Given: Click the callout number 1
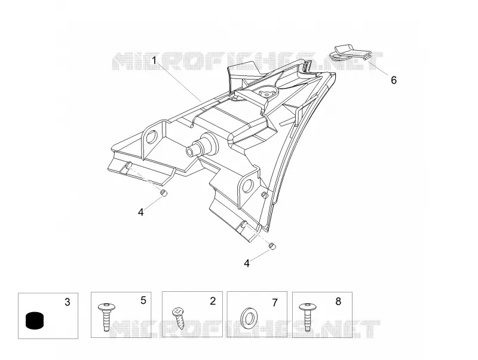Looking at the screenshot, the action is coord(154,60).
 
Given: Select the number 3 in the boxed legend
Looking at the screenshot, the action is coord(68,302).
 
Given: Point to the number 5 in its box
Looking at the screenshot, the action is coord(143,300).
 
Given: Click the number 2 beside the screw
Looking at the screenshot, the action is coord(213,301).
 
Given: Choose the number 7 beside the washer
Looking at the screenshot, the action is coord(275,303).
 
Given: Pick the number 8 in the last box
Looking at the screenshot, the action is coord(338,301).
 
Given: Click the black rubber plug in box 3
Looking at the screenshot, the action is coord(35,321).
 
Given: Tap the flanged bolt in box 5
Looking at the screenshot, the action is coord(106,316).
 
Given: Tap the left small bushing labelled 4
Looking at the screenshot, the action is coord(164,193).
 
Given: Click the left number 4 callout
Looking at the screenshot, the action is coord(140,212).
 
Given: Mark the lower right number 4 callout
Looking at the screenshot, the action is coord(247,263).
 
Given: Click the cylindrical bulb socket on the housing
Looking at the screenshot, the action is coord(201,145).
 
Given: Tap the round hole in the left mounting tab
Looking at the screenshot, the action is coord(151,137).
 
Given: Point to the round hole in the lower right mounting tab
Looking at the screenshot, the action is coord(247,185).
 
